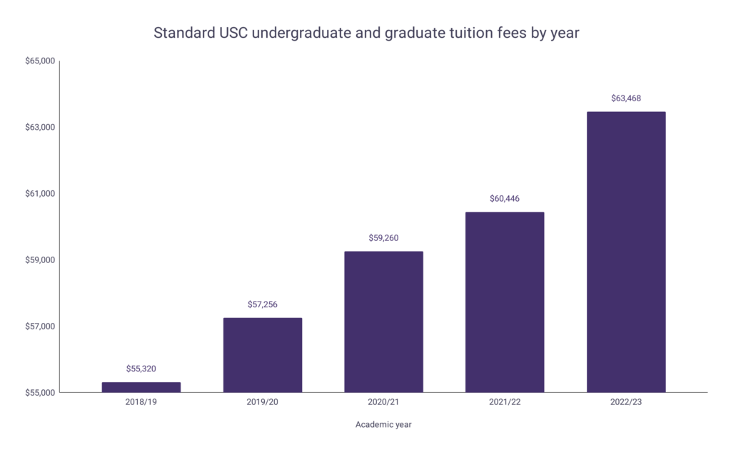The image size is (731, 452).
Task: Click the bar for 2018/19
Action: tap(141, 387)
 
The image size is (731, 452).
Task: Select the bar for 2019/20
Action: tap(262, 355)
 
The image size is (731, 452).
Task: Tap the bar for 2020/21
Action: tap(383, 322)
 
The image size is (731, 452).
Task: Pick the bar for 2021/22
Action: tap(505, 302)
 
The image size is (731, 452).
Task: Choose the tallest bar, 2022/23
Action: tap(626, 252)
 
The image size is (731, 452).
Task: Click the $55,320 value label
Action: tap(141, 369)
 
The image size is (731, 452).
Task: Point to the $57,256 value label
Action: tap(262, 304)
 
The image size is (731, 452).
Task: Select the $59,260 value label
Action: tap(383, 237)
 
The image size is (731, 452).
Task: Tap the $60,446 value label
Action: tap(505, 198)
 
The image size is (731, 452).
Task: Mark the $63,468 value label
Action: tap(626, 98)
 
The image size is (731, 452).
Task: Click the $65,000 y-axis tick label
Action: tap(40, 61)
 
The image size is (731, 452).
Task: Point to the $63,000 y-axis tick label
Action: tap(40, 128)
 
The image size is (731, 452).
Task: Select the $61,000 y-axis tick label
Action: tap(40, 194)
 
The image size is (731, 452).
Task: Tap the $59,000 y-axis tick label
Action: tap(40, 260)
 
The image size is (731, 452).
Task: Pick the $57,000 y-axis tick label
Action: tap(40, 327)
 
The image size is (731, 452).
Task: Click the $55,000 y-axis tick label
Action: tap(40, 393)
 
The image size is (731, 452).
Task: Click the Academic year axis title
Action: tap(383, 425)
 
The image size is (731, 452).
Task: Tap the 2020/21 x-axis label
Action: tap(383, 402)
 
